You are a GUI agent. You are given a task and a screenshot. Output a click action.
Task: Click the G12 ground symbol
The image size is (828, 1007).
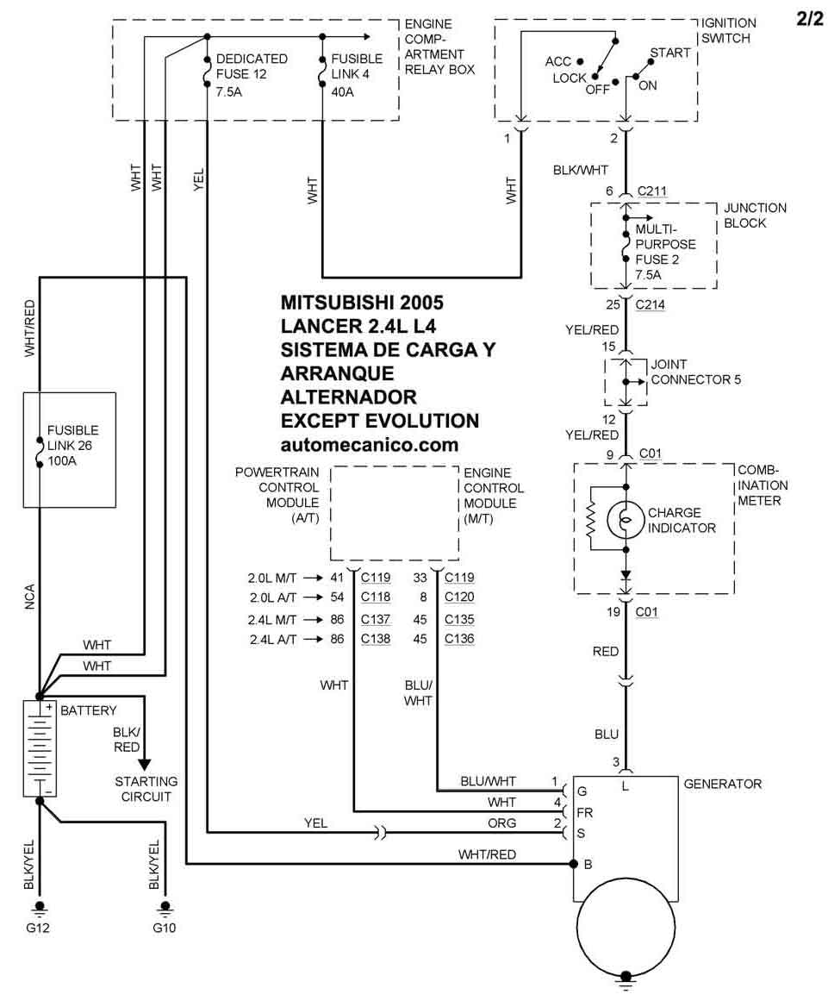pos(39,908)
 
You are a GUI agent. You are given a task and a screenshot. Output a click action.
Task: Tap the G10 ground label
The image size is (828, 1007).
pos(164,929)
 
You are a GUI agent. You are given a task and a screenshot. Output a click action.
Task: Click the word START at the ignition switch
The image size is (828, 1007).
pos(669,53)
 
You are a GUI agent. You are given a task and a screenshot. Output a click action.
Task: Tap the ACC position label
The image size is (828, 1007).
pos(558,61)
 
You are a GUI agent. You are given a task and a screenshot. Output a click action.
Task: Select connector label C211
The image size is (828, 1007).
pos(653,191)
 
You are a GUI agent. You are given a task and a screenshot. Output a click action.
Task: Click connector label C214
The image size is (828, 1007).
pos(652,305)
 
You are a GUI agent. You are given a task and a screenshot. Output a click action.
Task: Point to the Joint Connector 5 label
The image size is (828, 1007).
pos(695,372)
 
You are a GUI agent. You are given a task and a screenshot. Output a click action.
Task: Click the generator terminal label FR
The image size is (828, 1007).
pos(584,812)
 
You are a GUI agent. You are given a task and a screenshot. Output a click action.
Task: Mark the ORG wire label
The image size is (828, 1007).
pos(501,823)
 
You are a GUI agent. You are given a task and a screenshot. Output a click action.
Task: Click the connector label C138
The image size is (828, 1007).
pos(376,639)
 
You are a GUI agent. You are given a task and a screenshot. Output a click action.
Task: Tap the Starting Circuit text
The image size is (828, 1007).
pos(146,789)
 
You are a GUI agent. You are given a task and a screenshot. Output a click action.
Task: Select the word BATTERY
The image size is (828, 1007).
pos(88,710)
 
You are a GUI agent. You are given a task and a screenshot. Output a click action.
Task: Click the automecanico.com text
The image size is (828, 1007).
pos(370,445)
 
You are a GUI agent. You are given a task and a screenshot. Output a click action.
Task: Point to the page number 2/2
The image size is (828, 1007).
pos(810,19)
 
